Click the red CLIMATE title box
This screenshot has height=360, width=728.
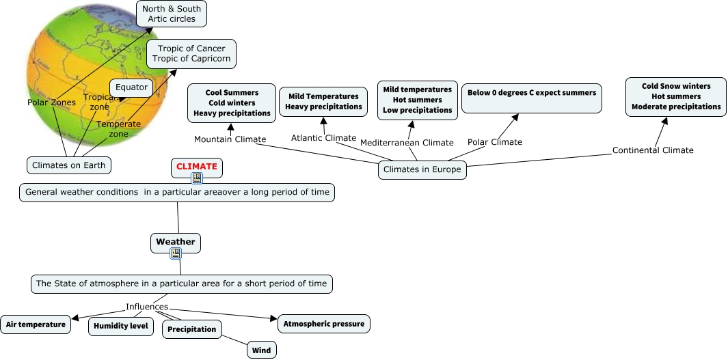click(196, 166)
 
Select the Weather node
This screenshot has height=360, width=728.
click(176, 242)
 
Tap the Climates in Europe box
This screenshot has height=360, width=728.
click(422, 169)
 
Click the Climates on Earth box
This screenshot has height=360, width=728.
click(68, 165)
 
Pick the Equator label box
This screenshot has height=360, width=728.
click(131, 87)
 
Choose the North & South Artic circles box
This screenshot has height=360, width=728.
click(172, 14)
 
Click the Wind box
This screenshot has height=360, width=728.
click(261, 350)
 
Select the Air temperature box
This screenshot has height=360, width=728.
click(36, 324)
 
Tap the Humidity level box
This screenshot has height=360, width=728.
click(120, 326)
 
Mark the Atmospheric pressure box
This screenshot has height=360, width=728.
click(323, 323)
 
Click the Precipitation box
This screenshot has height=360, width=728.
click(192, 329)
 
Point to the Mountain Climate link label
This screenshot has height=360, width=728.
click(230, 139)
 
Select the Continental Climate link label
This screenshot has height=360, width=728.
click(653, 150)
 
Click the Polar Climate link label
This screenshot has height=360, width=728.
click(495, 142)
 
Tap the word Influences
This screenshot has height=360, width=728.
click(147, 307)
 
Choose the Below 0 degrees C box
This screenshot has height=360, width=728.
click(532, 98)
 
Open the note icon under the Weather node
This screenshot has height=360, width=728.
click(176, 253)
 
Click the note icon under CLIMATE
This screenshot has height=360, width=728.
click(197, 178)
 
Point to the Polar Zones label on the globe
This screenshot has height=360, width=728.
click(51, 102)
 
